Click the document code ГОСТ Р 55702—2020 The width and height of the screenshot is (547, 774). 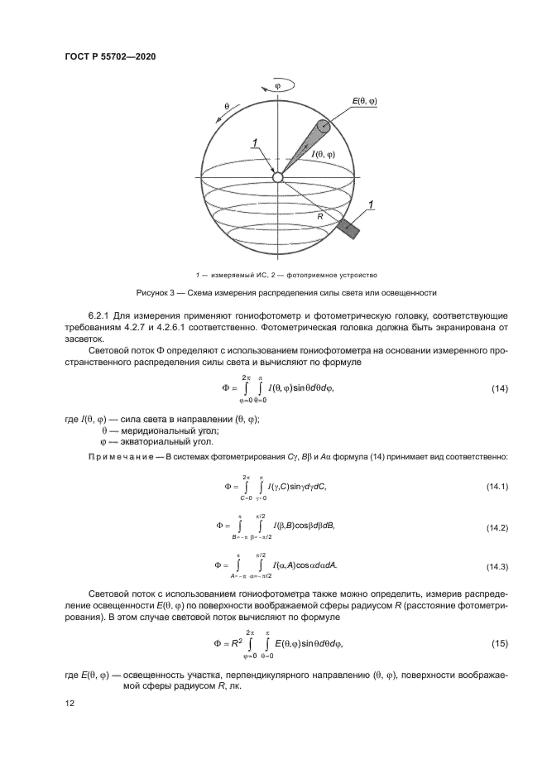pyautogui.click(x=110, y=56)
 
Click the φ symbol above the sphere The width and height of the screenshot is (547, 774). pyautogui.click(x=277, y=84)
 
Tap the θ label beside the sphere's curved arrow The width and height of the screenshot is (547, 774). pyautogui.click(x=227, y=107)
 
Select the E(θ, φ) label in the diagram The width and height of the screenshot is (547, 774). pyautogui.click(x=363, y=101)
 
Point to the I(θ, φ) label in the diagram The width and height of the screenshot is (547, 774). pyautogui.click(x=323, y=155)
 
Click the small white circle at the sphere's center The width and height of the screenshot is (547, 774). pyautogui.click(x=278, y=177)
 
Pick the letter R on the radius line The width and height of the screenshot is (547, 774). pyautogui.click(x=318, y=215)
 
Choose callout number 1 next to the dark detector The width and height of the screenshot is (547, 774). pyautogui.click(x=372, y=204)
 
